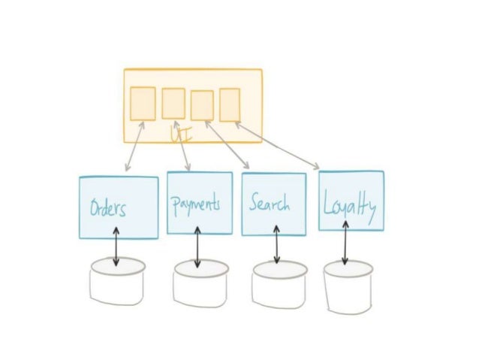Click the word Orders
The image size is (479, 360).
pos(108,208)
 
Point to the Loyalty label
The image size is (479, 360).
pos(350,204)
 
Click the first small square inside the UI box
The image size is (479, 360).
pos(143,104)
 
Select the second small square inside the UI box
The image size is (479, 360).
pos(173,103)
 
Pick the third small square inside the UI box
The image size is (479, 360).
pos(202,105)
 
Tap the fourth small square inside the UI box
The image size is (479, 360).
pos(230,104)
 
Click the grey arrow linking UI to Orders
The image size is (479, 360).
pos(134,147)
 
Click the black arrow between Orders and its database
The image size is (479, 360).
pos(116,247)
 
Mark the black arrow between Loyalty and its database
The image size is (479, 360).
pos(345,245)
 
